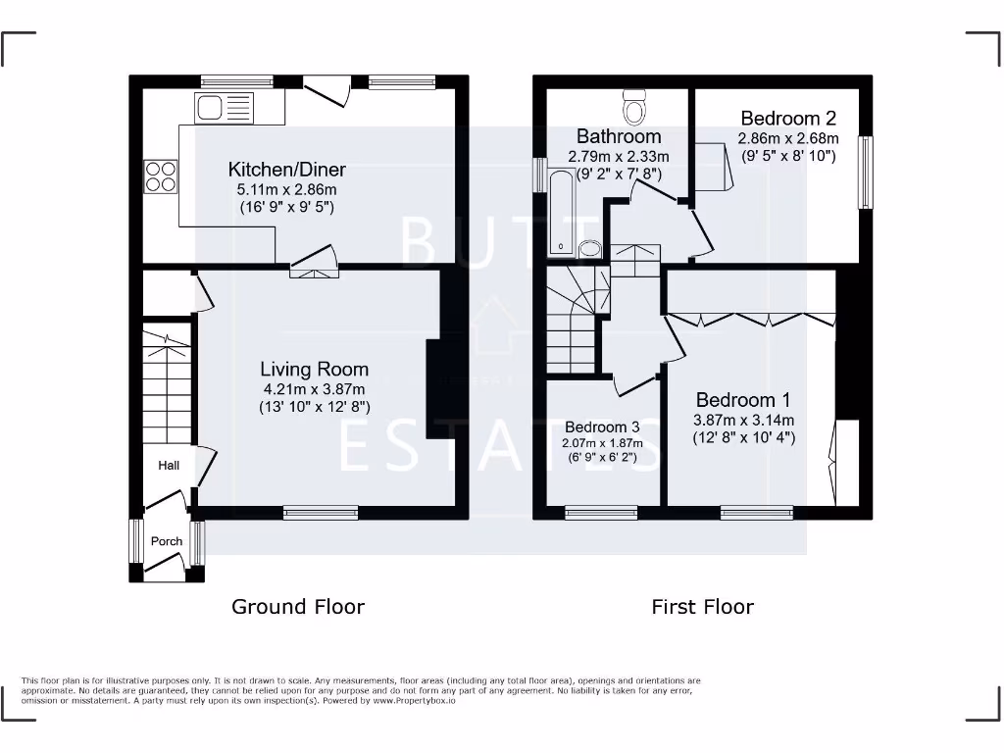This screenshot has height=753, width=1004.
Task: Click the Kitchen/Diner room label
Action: (x=287, y=170)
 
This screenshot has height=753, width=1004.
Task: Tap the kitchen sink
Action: (x=225, y=106)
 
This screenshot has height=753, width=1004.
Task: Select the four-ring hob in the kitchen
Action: (x=161, y=176)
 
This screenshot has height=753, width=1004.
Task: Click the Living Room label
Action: (x=314, y=370)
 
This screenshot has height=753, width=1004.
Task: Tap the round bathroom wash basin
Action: (x=590, y=248)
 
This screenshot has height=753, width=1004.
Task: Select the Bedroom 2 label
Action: (x=788, y=119)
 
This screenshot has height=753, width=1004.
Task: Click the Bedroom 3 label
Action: (x=602, y=427)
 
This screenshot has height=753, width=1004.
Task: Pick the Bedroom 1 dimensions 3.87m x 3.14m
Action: (x=745, y=420)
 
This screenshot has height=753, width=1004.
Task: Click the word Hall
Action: (x=169, y=465)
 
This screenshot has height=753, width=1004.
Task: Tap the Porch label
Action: (x=167, y=541)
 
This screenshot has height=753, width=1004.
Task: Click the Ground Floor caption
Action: (x=298, y=607)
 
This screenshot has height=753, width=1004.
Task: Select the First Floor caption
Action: (x=703, y=607)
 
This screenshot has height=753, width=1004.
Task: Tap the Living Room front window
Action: (x=321, y=512)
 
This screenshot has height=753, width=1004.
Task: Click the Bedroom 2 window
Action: (x=866, y=173)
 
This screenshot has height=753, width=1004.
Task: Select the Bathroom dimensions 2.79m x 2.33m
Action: (x=619, y=157)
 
